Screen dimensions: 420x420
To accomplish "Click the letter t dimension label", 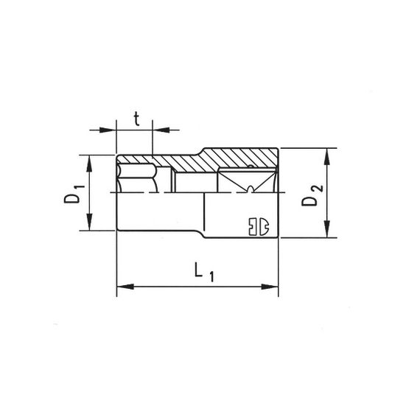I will click(137, 117).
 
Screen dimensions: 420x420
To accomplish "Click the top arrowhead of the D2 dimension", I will click(326, 152).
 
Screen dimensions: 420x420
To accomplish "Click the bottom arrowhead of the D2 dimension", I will click(326, 233).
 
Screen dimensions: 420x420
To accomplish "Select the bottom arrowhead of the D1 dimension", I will click(90, 225).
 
